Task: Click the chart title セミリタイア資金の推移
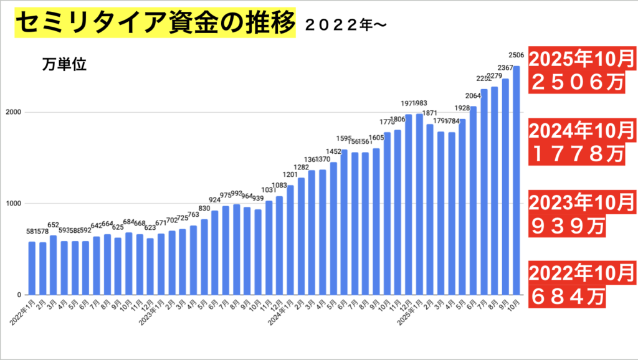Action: [x=153, y=24]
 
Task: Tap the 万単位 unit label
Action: [x=64, y=64]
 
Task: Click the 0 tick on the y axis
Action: [x=20, y=295]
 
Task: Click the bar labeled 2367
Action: [x=505, y=187]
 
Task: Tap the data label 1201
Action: [x=290, y=174]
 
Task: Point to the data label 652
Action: [x=54, y=225]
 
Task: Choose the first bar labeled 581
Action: [x=32, y=268]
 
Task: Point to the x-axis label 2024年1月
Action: [x=281, y=311]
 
